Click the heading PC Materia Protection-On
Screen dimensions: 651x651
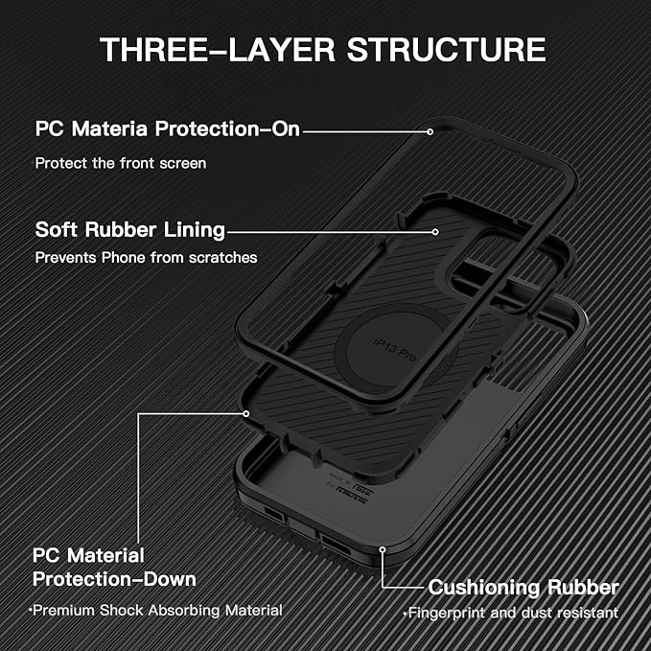168,128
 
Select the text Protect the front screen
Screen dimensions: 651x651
121,163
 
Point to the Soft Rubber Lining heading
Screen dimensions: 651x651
130,230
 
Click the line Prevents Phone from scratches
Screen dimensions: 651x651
146,258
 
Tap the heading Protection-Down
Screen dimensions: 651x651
114,579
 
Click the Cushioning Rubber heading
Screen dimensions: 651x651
523,587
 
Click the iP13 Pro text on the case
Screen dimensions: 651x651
395,340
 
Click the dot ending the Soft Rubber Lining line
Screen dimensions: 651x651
436,231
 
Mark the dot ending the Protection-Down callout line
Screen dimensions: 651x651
246,413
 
